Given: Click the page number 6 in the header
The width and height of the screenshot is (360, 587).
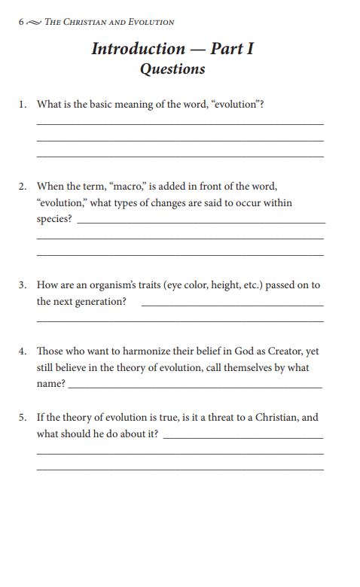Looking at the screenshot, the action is pos(20,23).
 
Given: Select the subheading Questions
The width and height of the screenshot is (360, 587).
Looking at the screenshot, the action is pos(172,69).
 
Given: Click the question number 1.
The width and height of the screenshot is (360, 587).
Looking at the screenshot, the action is pos(23,105).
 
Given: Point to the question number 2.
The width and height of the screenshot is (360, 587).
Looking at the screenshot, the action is pos(23,186).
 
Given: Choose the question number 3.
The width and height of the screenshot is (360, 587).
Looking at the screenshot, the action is pos(23,285).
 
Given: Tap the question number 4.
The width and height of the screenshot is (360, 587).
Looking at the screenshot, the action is pos(23,351).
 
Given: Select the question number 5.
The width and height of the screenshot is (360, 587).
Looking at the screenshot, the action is pos(23,417).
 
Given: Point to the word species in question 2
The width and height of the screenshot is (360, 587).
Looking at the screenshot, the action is pos(53,219).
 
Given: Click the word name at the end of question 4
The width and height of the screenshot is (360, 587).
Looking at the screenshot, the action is pos(50,384).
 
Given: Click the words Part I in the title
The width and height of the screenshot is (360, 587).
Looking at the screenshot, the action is pos(232,49).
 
